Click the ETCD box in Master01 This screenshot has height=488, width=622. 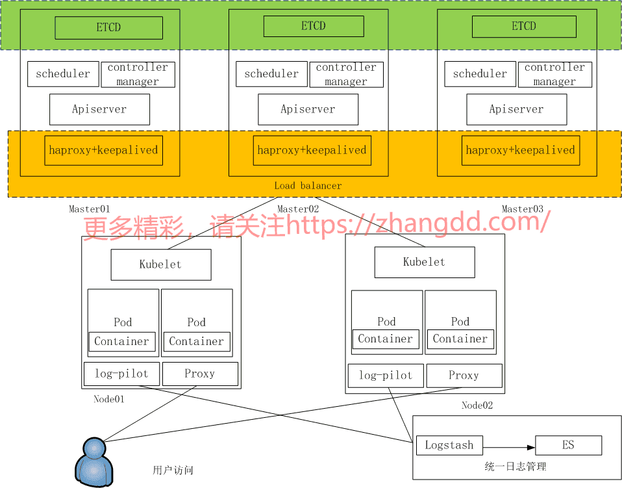(x=108, y=28)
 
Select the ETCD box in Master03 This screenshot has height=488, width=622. (x=523, y=27)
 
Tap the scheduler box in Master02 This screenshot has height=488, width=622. (x=271, y=74)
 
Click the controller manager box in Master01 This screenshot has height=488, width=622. (x=138, y=74)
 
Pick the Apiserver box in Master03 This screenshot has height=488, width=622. (x=516, y=109)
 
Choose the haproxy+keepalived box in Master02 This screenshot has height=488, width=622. (x=312, y=150)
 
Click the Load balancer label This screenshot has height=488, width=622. (x=308, y=186)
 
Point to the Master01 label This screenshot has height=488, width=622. (x=90, y=209)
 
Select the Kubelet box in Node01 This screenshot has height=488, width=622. (x=160, y=264)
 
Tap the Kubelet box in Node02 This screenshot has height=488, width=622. (x=424, y=262)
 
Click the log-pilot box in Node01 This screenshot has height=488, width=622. (x=121, y=374)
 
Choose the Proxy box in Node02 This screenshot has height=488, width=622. (x=464, y=376)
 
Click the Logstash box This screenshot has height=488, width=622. (x=449, y=445)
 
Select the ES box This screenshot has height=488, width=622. (x=568, y=445)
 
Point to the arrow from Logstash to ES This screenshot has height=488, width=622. (x=509, y=446)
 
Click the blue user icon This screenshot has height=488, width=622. (x=95, y=461)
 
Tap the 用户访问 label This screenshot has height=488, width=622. (x=173, y=470)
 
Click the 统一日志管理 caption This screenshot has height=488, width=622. (x=515, y=466)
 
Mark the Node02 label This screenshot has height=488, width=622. (x=477, y=405)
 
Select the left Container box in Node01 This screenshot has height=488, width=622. (x=121, y=342)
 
